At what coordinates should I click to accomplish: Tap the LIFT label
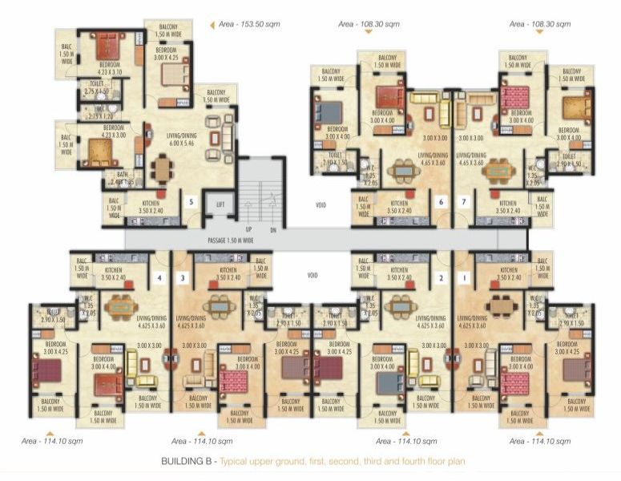220,205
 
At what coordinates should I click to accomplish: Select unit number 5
191,201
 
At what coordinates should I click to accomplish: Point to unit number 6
440,202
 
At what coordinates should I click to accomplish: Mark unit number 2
440,277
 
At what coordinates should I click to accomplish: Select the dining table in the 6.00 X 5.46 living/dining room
163,168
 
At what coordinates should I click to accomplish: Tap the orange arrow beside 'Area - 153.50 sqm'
212,26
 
